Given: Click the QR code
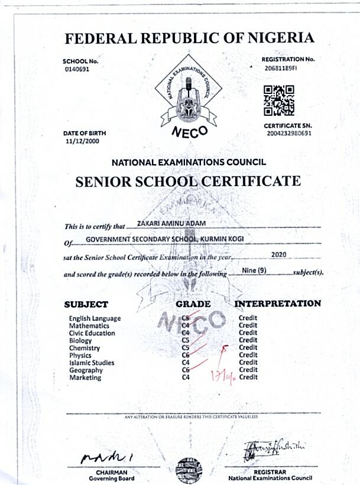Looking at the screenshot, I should pyautogui.click(x=278, y=100).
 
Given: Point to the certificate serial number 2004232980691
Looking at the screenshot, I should pyautogui.click(x=289, y=134).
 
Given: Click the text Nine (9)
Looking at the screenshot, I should pyautogui.click(x=257, y=270).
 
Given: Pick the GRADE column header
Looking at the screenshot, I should pyautogui.click(x=193, y=304).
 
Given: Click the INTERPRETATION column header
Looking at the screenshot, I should pyautogui.click(x=278, y=304).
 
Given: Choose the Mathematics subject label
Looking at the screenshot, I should pyautogui.click(x=89, y=325).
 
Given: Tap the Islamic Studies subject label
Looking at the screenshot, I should pyautogui.click(x=92, y=363).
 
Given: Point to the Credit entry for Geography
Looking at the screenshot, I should pyautogui.click(x=248, y=370).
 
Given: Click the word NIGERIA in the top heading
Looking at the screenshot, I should pyautogui.click(x=278, y=38).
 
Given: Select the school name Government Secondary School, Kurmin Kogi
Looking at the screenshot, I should pyautogui.click(x=165, y=239).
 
